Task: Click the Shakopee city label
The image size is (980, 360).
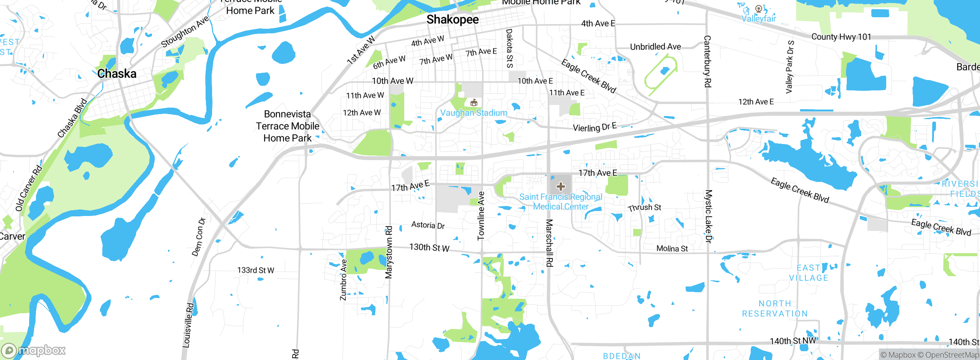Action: coord(452,20)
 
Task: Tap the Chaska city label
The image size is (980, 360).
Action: coord(117,74)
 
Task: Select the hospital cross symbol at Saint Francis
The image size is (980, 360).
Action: coord(561,187)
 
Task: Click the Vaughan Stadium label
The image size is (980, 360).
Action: coord(474,113)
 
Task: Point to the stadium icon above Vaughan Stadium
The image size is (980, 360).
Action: coord(474,103)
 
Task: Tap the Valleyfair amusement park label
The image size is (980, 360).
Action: coord(758,18)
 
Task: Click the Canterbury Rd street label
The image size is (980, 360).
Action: coord(707,61)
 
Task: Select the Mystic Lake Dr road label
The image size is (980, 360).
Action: coord(709,216)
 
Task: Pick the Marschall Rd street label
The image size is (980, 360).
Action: coord(549,243)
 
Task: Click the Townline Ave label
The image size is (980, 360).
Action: coord(481,216)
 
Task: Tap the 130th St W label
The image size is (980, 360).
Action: coord(429,248)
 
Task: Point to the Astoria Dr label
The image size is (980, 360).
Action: coord(428,225)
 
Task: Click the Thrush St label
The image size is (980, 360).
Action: coord(645,208)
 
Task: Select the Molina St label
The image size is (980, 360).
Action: coord(672,249)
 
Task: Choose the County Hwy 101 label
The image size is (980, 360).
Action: coord(841,37)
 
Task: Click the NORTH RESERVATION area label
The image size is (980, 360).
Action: coord(775,309)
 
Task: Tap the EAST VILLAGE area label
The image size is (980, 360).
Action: coord(808,273)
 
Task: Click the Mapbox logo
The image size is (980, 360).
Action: coord(34,350)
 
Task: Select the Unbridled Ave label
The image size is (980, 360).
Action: coord(655,47)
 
